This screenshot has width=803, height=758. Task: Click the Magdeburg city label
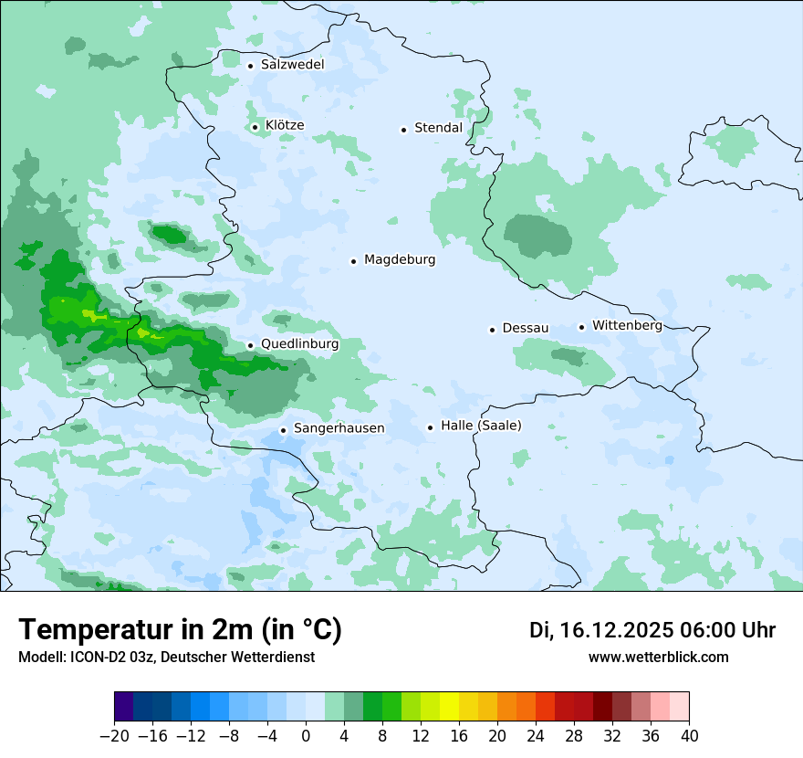coord(400,260)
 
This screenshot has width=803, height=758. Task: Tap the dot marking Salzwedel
coord(250,66)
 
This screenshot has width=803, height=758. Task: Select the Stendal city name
coord(438,129)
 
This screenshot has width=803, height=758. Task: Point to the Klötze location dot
coord(255,127)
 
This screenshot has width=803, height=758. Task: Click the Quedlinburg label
coord(299,345)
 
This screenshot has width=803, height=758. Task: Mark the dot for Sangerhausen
coord(283,430)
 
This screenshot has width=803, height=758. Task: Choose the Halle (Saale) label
coord(481,426)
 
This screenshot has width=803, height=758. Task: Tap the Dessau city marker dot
coord(492,330)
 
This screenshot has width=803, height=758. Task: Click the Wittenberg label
coord(627,326)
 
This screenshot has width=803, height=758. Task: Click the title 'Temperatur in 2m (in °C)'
coord(181,630)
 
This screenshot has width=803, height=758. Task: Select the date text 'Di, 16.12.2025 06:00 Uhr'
coord(652,630)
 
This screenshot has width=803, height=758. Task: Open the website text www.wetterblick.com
coord(658,658)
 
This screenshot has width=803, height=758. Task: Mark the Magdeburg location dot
coord(353,261)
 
